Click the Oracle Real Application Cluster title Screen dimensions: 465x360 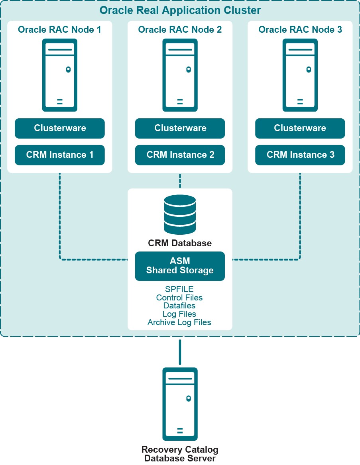pos(180,10)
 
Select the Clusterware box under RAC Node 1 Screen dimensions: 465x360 pos(60,128)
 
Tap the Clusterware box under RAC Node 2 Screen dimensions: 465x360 pos(180,128)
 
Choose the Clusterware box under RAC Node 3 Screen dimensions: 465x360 pos(300,128)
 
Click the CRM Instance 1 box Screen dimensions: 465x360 pos(60,155)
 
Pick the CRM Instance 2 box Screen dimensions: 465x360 pos(180,155)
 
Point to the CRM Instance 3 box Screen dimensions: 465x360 pos(300,155)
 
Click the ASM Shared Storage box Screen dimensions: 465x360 pos(180,266)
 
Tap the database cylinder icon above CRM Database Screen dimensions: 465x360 pos(180,214)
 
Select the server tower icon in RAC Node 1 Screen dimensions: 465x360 pos(60,75)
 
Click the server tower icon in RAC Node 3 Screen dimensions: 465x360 pos(300,75)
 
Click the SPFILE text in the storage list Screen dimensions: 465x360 pos(179,289)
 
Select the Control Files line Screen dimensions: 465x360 pos(179,298)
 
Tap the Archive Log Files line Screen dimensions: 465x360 pos(179,322)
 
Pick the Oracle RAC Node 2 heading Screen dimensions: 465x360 pos(180,29)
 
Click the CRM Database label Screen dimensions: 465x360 pos(180,243)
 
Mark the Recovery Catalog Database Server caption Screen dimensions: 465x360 pos(180,454)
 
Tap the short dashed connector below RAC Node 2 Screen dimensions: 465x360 pos(180,180)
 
